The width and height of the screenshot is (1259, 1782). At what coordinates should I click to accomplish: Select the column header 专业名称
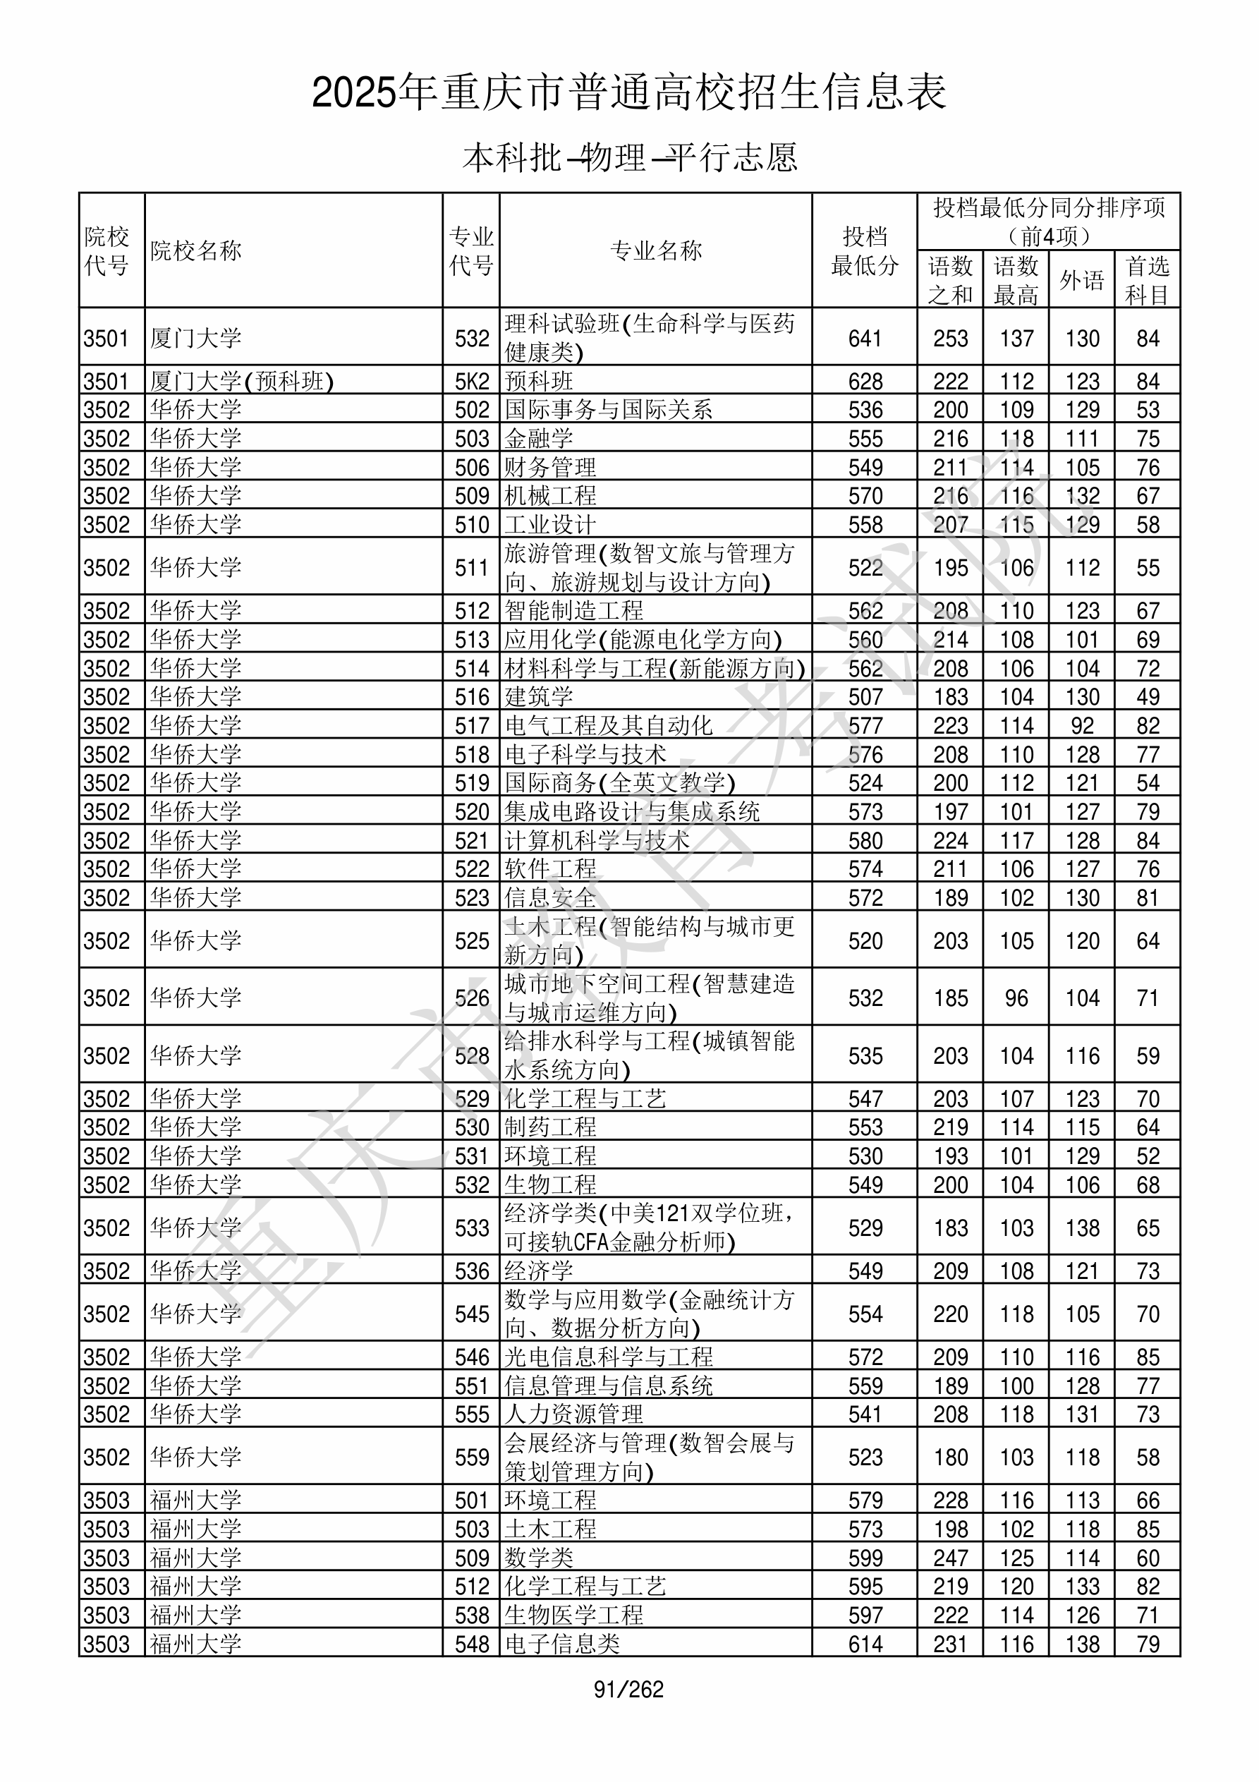656,250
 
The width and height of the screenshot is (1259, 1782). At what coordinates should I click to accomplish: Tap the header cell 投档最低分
864,250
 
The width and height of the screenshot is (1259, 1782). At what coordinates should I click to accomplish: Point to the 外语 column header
1081,280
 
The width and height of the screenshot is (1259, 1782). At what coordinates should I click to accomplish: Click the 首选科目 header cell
1148,280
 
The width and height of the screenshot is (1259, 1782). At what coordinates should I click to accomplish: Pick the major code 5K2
472,381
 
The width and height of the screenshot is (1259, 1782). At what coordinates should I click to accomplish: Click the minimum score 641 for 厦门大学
865,339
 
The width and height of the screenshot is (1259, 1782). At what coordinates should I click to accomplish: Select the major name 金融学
539,439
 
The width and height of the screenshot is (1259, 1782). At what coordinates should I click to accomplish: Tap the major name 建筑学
539,697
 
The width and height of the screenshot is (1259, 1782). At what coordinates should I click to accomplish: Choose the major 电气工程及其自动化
609,726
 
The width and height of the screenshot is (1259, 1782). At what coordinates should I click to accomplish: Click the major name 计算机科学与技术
597,840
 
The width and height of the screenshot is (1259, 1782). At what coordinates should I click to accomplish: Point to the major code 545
472,1314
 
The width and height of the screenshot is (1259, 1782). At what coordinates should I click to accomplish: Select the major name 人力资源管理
573,1414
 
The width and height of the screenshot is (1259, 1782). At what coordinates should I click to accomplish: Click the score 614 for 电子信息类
865,1644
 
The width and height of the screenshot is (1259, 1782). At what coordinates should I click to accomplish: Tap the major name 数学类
539,1558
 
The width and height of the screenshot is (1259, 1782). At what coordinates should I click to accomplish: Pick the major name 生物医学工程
573,1615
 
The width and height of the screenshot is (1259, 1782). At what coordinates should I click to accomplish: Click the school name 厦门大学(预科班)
241,381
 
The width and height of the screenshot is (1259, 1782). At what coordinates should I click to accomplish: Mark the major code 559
472,1457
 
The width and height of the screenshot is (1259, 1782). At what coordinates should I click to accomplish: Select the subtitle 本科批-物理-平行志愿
629,157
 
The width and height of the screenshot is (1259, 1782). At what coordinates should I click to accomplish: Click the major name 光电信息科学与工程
609,1357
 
